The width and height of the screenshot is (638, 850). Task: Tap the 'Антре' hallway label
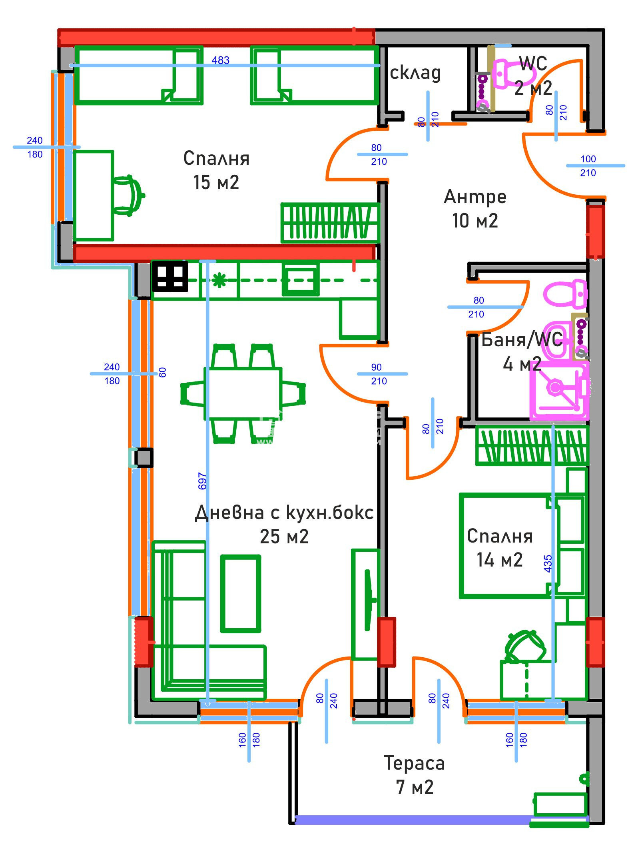[x=475, y=197]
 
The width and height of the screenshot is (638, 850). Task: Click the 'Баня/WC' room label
[x=522, y=340]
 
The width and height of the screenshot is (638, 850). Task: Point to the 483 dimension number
[x=220, y=60]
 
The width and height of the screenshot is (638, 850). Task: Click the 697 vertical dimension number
[x=203, y=481]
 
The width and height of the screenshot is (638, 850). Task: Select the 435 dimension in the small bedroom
[x=548, y=563]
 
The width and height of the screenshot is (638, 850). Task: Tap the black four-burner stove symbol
[x=170, y=276]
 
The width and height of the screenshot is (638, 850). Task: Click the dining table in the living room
[x=243, y=394]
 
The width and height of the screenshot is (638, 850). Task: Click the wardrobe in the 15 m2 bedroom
[x=330, y=223]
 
